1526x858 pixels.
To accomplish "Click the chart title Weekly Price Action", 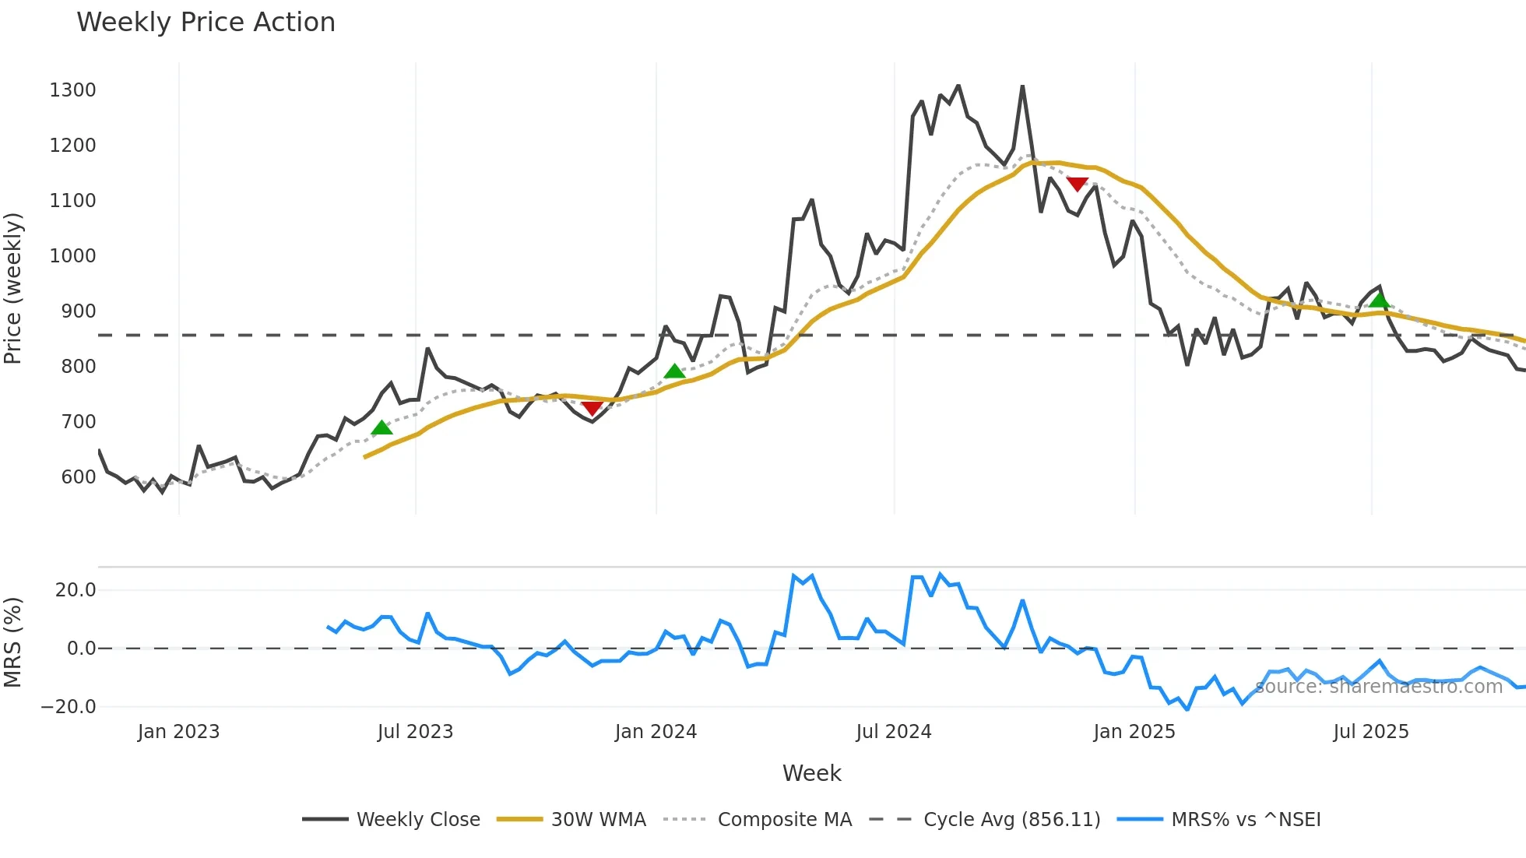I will (x=206, y=23).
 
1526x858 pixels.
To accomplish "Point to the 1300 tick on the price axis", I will (x=72, y=90).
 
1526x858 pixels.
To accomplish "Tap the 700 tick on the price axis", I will (x=78, y=422).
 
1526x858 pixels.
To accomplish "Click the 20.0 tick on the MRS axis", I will (x=76, y=590).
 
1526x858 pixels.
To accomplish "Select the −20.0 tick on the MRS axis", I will (x=69, y=707).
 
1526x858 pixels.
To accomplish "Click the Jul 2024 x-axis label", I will (x=893, y=732).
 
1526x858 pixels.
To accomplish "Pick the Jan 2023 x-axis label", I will (x=178, y=732).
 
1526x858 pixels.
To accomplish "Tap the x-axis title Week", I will (x=811, y=773).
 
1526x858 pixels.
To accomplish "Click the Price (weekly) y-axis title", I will (x=13, y=289).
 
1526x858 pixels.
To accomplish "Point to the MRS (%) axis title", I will (x=13, y=642).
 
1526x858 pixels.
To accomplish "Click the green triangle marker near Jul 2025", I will (x=1379, y=301).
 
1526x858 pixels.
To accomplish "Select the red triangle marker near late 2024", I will (x=1077, y=184).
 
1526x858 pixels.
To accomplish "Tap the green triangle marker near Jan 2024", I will (x=674, y=371).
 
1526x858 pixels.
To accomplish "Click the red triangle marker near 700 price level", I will (x=592, y=409).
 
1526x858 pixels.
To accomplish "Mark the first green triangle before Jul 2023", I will (x=381, y=427).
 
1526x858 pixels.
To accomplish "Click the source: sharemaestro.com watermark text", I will (x=1378, y=687).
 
